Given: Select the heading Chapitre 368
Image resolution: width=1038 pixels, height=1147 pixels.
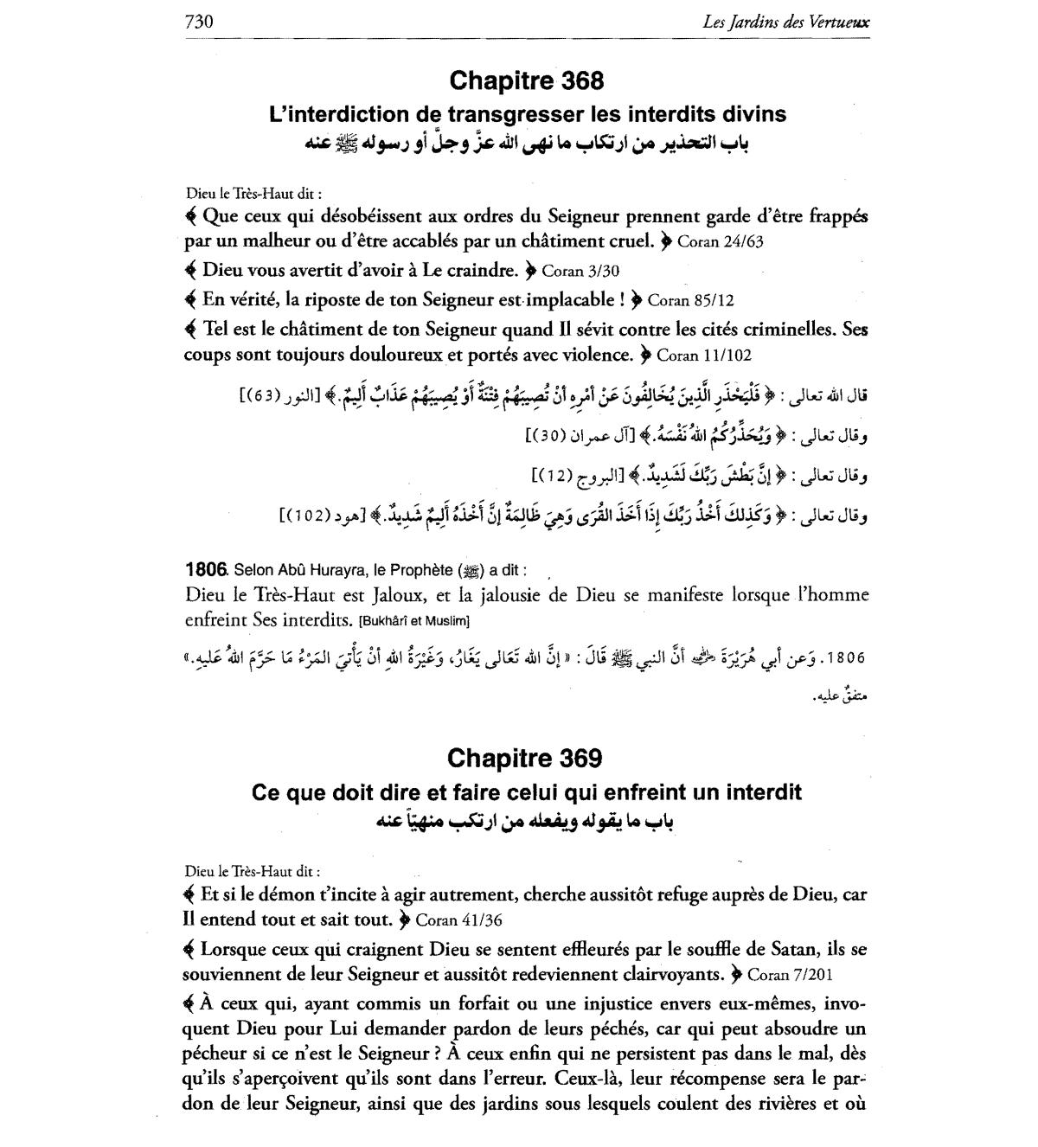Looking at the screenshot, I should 526,81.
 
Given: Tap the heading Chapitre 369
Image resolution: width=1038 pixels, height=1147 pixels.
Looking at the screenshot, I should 524,759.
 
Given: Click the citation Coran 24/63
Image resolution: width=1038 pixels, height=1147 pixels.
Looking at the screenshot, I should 721,241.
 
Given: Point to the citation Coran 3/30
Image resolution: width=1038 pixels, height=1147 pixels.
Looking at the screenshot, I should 580,271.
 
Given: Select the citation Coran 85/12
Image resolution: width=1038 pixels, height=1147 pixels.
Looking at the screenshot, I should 689,301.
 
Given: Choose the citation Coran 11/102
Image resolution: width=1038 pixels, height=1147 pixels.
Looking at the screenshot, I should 704,355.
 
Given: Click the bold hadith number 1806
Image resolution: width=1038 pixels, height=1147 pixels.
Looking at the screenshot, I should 205,570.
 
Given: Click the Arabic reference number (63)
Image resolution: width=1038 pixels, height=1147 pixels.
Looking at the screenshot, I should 259,396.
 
